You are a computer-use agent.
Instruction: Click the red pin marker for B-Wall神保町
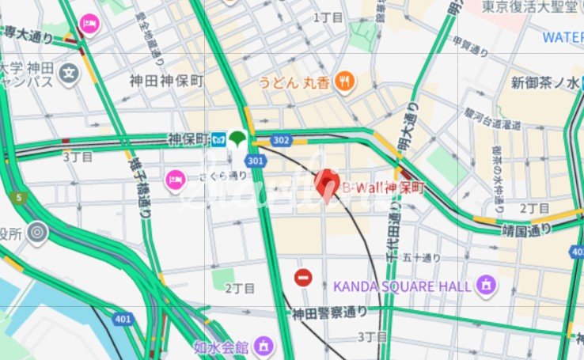pyautogui.click(x=328, y=185)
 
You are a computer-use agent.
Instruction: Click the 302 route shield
pyautogui.click(x=280, y=140)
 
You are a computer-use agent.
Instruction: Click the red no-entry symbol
pyautogui.click(x=303, y=278)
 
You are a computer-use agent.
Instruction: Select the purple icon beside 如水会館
pyautogui.click(x=264, y=345)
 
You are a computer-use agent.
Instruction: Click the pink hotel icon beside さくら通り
pyautogui.click(x=175, y=181)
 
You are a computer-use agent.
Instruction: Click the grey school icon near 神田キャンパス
pyautogui.click(x=70, y=74)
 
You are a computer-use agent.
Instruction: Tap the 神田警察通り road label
pyautogui.click(x=330, y=313)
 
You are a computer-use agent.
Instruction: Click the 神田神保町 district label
pyautogui.click(x=167, y=81)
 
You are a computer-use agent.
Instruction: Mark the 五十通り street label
pyautogui.click(x=421, y=257)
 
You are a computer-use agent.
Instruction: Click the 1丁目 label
pyautogui.click(x=328, y=17)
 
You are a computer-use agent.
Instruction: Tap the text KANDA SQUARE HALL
pyautogui.click(x=403, y=285)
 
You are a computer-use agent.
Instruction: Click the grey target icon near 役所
pyautogui.click(x=36, y=232)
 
